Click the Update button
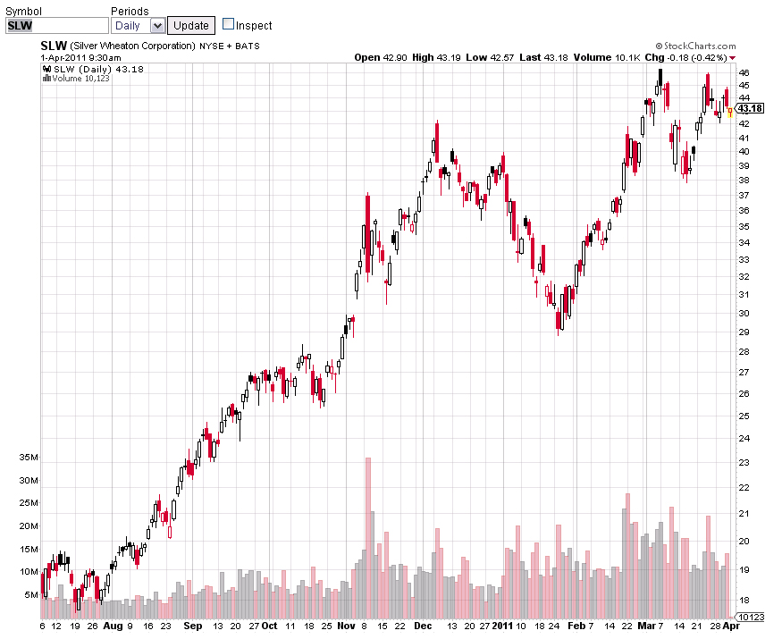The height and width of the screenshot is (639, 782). pos(190,25)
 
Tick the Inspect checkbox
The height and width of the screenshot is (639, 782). pos(228,25)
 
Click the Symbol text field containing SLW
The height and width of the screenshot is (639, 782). pos(56,25)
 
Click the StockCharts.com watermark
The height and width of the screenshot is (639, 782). pos(695,46)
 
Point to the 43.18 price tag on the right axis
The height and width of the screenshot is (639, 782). pos(750,108)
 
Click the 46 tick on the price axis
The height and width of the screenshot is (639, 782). pos(744,72)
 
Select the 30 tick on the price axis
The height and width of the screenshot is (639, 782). pos(744,313)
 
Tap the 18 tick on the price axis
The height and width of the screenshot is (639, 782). pos(744,600)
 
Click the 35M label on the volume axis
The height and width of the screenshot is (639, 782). pos(29,458)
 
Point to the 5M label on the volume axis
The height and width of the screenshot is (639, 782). pos(31,594)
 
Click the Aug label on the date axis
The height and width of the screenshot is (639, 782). pos(112,626)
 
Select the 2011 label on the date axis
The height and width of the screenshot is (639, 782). pos(503,626)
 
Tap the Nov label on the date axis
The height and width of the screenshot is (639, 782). pos(347,626)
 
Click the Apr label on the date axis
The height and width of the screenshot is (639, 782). pos(730,626)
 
